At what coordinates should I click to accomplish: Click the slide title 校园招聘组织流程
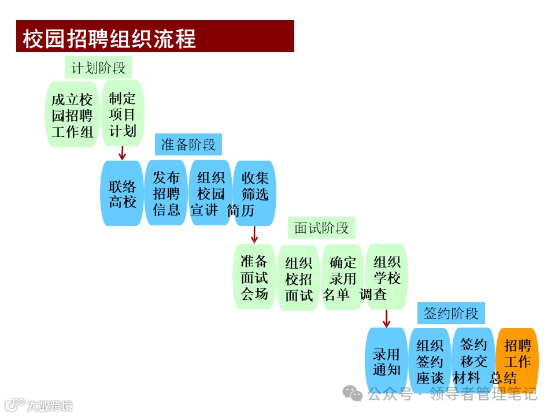click(x=110, y=38)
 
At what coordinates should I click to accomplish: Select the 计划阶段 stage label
click(x=98, y=68)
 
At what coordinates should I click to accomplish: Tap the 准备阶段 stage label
click(x=188, y=144)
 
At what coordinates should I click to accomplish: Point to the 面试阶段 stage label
click(x=321, y=228)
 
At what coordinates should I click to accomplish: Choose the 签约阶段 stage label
click(x=451, y=314)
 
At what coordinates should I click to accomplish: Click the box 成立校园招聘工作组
click(x=72, y=115)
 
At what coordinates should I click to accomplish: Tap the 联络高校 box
click(x=122, y=194)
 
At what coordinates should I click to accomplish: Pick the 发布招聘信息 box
click(x=166, y=194)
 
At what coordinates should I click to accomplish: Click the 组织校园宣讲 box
click(x=210, y=194)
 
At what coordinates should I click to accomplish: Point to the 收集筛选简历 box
click(x=254, y=194)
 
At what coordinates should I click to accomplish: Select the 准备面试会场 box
click(x=254, y=277)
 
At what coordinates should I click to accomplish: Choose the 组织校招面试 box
click(x=298, y=278)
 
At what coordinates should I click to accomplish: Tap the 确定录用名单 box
click(x=342, y=278)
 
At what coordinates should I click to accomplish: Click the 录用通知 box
click(x=386, y=361)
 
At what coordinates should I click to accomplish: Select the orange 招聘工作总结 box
click(x=517, y=361)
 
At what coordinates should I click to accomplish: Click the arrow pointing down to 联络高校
click(x=122, y=153)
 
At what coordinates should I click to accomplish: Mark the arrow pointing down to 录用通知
click(x=386, y=318)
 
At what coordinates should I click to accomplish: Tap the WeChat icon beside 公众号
click(x=353, y=393)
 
